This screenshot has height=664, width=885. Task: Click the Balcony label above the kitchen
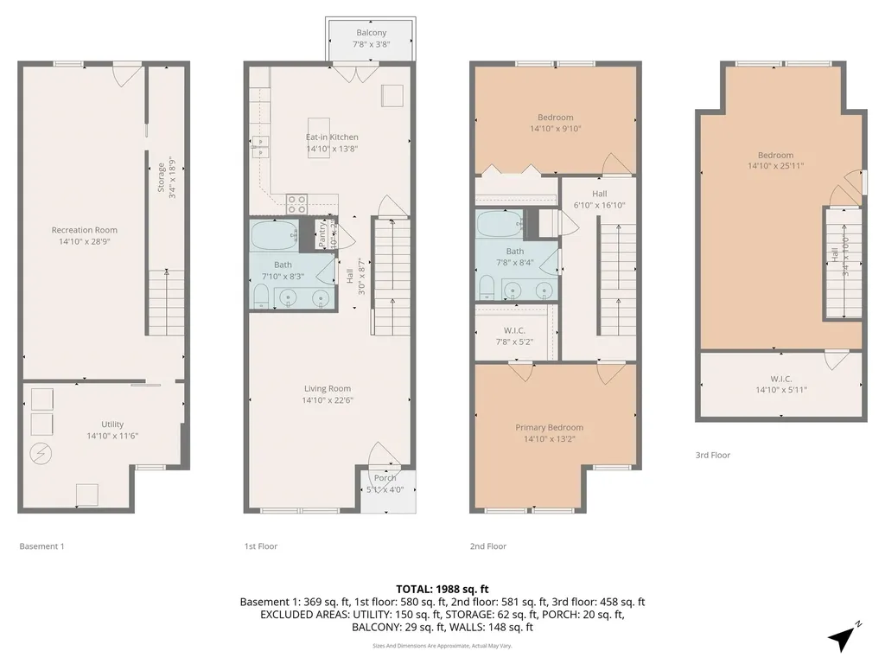tap(371, 33)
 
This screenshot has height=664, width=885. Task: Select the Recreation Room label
tap(84, 230)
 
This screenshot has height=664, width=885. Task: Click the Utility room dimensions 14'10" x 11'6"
tap(112, 436)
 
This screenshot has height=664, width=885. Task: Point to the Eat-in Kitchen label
tap(332, 137)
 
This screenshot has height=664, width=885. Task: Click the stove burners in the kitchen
tap(296, 203)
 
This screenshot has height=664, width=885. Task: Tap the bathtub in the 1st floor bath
tap(272, 233)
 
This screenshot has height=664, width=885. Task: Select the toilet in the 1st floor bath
tap(261, 297)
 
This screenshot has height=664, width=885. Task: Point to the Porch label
tap(385, 478)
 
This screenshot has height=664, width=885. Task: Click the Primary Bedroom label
tap(549, 427)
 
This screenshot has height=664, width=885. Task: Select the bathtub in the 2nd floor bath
tap(499, 225)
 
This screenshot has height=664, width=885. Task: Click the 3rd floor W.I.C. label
tap(781, 378)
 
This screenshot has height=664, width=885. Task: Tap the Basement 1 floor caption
tap(41, 546)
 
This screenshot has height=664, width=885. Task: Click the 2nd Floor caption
tap(487, 546)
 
